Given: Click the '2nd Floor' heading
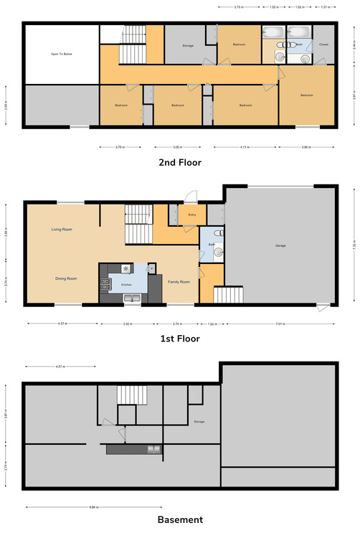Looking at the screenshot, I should [x=179, y=163].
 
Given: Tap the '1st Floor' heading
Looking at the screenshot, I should [x=179, y=337].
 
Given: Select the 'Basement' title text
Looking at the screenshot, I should [x=179, y=519].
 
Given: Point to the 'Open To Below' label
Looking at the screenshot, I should [x=60, y=54].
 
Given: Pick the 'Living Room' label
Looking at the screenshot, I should [x=62, y=230].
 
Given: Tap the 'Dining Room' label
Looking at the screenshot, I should [x=66, y=278].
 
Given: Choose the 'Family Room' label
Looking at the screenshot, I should [x=179, y=282].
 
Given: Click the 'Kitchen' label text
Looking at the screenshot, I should [x=126, y=285].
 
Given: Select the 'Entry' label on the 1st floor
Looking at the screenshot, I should [x=192, y=215].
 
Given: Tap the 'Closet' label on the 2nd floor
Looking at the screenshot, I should [x=323, y=44].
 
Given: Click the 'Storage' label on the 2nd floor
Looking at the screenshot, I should [x=189, y=46].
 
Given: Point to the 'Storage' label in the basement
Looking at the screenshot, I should [x=199, y=422].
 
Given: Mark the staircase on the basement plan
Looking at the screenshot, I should [x=131, y=395].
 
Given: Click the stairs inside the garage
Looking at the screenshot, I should [x=229, y=295].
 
